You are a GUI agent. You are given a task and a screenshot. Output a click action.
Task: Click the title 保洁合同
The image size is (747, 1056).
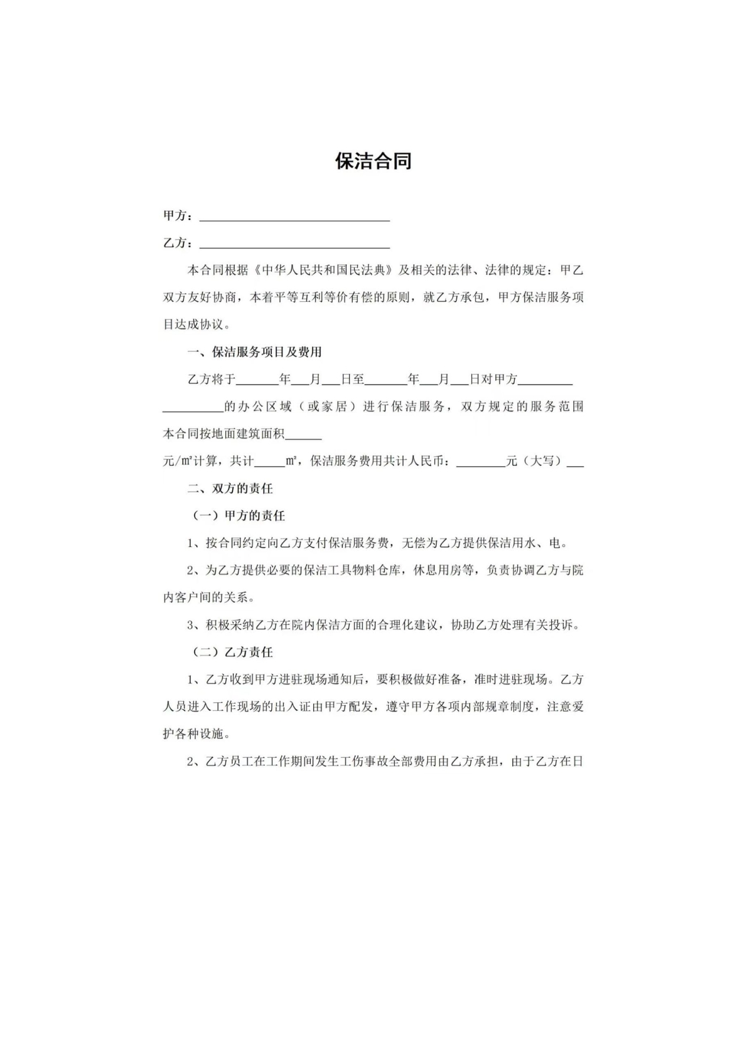coord(373,161)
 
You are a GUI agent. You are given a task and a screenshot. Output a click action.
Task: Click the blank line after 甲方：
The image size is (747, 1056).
coord(294,217)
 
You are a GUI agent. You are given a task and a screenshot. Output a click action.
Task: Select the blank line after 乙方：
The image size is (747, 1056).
coord(294,245)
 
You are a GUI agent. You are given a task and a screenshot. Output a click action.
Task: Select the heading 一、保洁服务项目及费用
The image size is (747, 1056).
coord(254,352)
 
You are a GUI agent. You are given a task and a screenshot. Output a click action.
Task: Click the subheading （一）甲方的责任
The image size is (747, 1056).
coord(239,516)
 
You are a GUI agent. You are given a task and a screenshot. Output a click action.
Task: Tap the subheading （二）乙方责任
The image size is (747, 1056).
coord(232,652)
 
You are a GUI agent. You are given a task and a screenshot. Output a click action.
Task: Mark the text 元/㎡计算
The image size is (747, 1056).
coord(191,461)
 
